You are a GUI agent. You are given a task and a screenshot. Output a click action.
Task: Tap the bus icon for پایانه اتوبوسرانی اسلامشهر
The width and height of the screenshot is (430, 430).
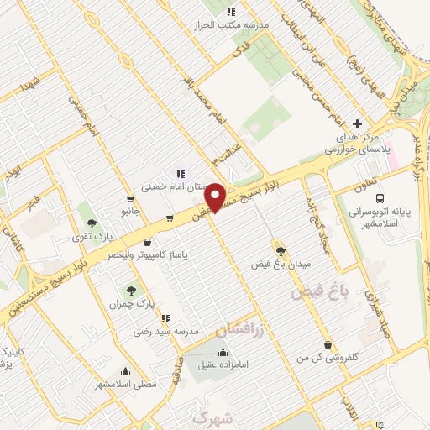pyautogui.click(x=380, y=199)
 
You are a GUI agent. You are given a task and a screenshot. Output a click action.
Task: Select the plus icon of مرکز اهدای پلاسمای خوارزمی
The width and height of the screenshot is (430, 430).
pyautogui.click(x=358, y=123)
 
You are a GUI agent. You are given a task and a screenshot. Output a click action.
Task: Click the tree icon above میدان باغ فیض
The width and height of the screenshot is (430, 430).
pyautogui.click(x=281, y=250)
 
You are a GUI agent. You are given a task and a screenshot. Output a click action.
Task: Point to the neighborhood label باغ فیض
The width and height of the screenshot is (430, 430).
pyautogui.click(x=318, y=292)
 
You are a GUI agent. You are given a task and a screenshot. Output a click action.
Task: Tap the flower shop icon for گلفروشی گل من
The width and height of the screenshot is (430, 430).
pyautogui.click(x=327, y=344)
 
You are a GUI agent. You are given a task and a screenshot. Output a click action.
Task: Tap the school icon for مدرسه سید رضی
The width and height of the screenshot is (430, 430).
pyautogui.click(x=165, y=318)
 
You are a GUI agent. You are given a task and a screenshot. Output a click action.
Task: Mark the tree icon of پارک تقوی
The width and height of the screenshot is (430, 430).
pyautogui.click(x=92, y=223)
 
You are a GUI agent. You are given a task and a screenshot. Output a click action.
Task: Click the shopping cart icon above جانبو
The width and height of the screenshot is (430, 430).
pyautogui.click(x=129, y=199)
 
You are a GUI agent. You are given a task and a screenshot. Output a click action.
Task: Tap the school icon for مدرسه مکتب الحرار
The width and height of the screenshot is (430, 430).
pyautogui.click(x=231, y=12)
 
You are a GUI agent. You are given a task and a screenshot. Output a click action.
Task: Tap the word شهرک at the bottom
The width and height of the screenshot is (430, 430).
pyautogui.click(x=211, y=417)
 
